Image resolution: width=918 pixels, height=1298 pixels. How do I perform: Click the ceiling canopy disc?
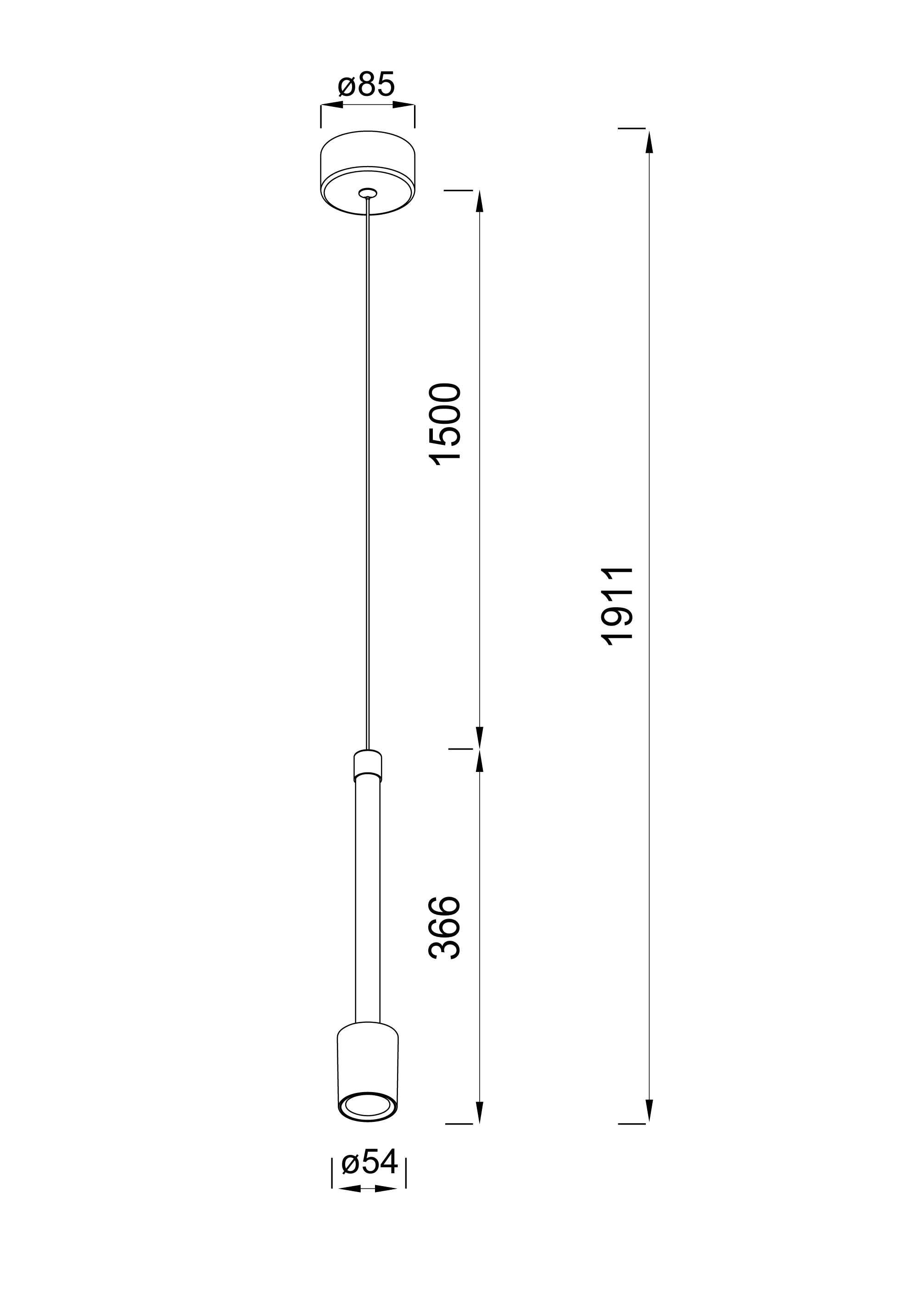point(368,173)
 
